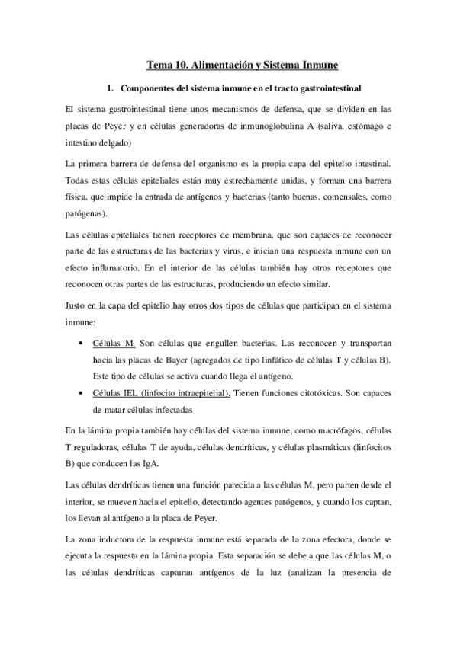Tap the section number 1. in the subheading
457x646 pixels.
(x=111, y=89)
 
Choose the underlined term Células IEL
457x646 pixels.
(x=112, y=392)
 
